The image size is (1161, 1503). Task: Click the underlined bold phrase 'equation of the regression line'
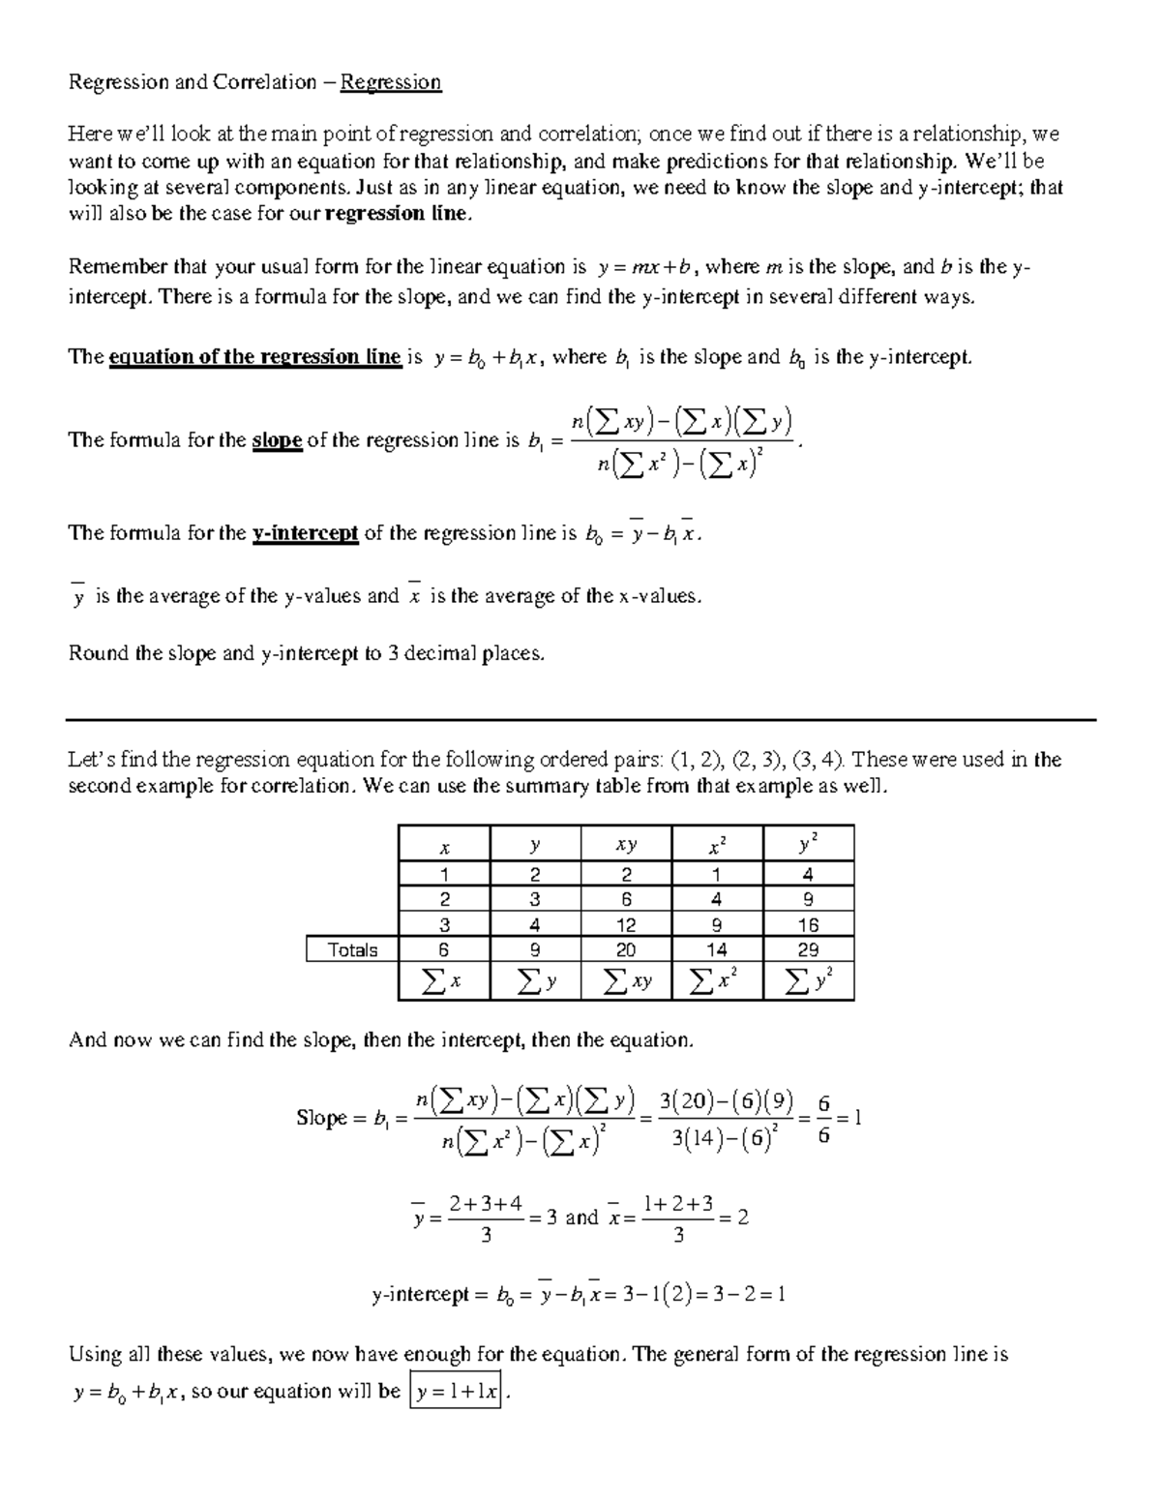(x=254, y=357)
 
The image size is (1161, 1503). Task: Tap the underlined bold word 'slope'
(x=277, y=440)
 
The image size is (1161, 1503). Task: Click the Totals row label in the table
(x=352, y=949)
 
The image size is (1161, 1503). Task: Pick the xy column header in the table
(x=626, y=845)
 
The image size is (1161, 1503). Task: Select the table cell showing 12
(x=626, y=924)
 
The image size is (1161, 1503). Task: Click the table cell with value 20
(x=626, y=949)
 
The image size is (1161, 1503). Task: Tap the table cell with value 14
(x=717, y=949)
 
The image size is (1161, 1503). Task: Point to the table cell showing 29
(x=808, y=949)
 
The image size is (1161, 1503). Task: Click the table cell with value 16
(x=808, y=924)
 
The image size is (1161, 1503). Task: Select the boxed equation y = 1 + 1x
(x=456, y=1393)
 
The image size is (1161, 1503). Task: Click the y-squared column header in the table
(x=808, y=844)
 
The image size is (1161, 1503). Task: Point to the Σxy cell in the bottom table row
(x=626, y=981)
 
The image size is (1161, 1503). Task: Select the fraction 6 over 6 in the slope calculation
(x=823, y=1119)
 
